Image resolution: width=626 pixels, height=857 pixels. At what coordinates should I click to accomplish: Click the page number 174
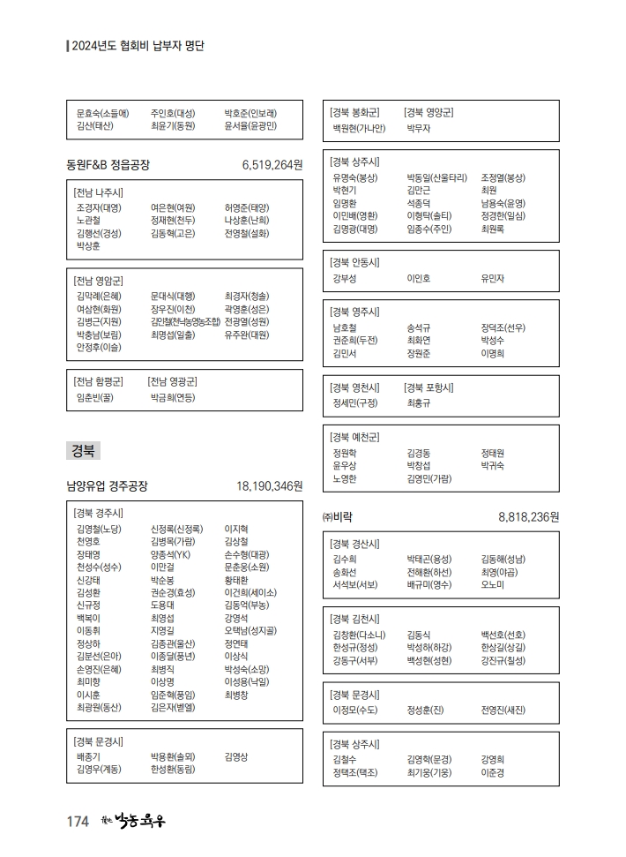pos(78,823)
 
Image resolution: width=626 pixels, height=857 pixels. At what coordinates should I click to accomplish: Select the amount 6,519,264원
pos(272,165)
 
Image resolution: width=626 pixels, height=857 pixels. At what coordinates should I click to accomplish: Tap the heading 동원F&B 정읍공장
pos(108,165)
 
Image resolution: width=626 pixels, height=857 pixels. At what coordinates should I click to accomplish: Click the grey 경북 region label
pos(84,451)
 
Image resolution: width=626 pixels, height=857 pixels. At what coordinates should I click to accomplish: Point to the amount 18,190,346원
pos(269,486)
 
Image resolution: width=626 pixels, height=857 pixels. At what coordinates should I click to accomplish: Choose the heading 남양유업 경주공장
pos(108,486)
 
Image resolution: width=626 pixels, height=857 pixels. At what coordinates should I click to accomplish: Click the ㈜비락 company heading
pos(339,517)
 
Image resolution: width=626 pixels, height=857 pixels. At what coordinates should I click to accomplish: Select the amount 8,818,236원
pos(529,517)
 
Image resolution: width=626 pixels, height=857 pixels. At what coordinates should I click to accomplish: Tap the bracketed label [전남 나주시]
pos(99,192)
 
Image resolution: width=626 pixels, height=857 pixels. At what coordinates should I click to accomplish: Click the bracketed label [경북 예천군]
pos(354,437)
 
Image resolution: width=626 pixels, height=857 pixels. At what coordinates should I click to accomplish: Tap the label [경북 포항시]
pos(429,387)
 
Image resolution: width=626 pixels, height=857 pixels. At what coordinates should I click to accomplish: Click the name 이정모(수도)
pos(355,710)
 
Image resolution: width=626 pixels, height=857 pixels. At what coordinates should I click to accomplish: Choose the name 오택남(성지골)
pos(250,631)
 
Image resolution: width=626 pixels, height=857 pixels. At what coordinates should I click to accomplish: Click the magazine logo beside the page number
pos(133,822)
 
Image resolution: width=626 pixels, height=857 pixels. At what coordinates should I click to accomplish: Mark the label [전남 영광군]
pos(172,382)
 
